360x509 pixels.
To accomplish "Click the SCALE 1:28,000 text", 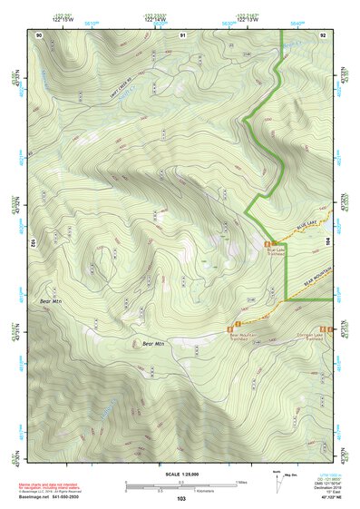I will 181,473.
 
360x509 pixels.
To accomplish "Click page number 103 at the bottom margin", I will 181,499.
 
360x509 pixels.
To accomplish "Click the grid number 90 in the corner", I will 39,34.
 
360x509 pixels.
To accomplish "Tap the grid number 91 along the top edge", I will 182,34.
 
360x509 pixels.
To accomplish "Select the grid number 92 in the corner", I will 324,34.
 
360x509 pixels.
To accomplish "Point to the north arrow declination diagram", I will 276,481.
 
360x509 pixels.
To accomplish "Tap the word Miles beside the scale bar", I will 241,482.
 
